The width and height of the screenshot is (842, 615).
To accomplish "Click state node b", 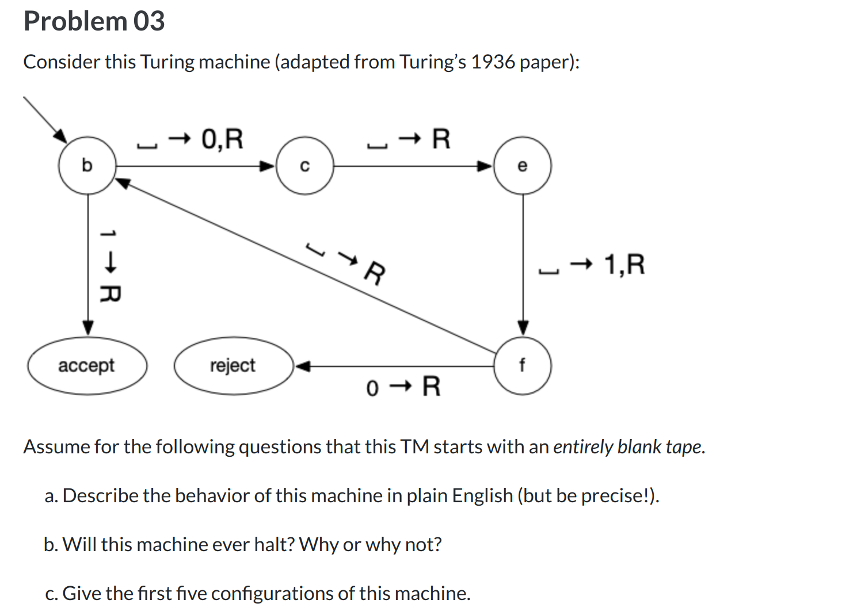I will click(87, 166).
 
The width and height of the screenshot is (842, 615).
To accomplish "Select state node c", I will click(305, 166).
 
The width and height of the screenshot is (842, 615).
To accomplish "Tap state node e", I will click(523, 166).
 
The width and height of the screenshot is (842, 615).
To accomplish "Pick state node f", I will click(523, 365).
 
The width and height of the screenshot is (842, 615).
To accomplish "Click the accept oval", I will click(87, 365).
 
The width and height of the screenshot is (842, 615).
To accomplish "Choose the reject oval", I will click(233, 365).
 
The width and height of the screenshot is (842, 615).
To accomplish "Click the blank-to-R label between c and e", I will click(409, 140).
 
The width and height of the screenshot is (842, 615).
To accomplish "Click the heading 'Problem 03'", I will click(94, 21).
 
